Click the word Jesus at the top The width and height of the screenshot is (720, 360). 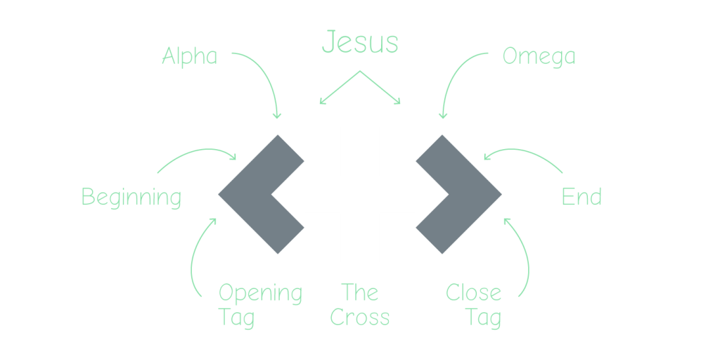(x=359, y=43)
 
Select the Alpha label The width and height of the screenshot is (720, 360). (x=189, y=56)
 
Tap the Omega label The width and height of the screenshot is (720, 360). (x=539, y=57)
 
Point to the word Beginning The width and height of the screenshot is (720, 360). (x=131, y=198)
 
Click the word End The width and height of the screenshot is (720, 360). (x=581, y=197)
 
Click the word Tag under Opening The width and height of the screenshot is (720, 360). (x=236, y=318)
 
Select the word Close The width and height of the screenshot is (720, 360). (x=473, y=292)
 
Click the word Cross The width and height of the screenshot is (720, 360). (x=359, y=318)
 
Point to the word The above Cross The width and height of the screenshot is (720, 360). (x=359, y=292)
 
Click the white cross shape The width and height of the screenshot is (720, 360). (x=360, y=194)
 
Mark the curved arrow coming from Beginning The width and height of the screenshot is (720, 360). (x=197, y=153)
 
